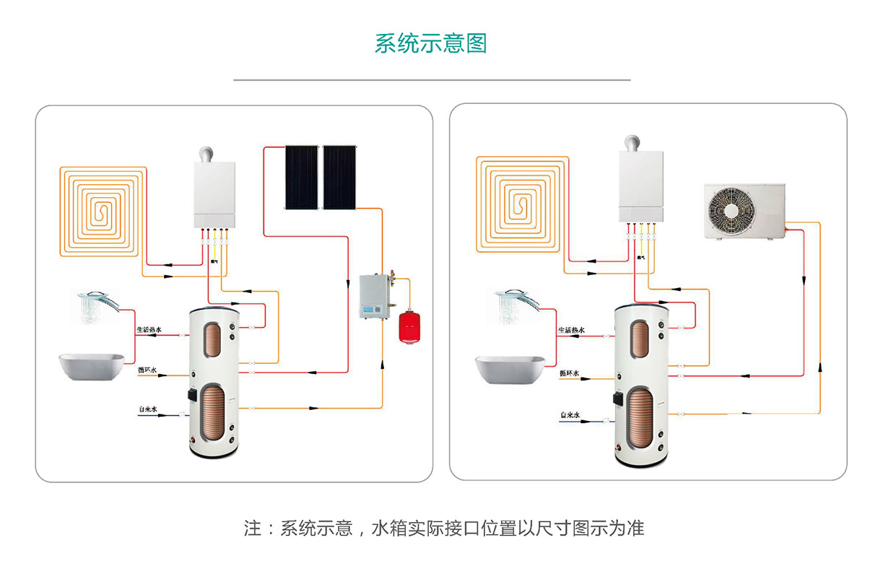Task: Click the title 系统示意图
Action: (x=430, y=43)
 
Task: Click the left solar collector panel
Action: (x=301, y=177)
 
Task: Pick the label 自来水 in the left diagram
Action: (x=148, y=409)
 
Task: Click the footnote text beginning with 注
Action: (x=443, y=528)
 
